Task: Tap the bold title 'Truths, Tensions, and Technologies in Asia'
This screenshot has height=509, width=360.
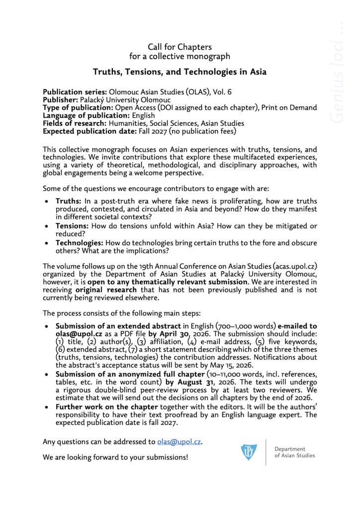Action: [x=180, y=72]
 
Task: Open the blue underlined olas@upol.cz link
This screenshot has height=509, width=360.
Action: [x=179, y=441]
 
